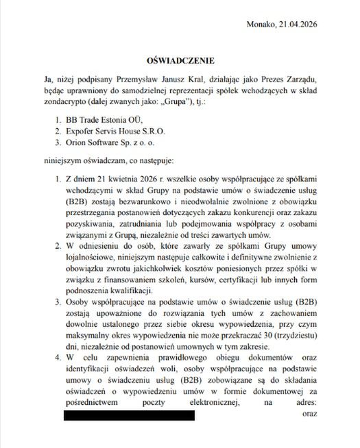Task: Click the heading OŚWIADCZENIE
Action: click(180, 61)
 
